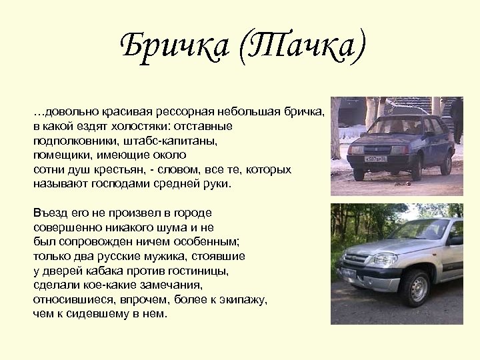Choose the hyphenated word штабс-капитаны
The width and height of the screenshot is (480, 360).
tap(176, 140)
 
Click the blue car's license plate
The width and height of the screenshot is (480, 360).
tap(375, 158)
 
